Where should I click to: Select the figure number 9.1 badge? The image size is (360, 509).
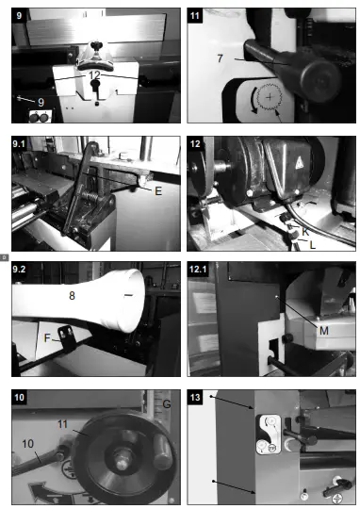pos(22,144)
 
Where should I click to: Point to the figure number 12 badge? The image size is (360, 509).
pos(197,144)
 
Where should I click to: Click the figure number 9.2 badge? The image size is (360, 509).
pos(22,271)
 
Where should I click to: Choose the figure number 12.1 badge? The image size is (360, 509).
pos(200,271)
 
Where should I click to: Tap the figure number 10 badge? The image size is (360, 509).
pos(21,399)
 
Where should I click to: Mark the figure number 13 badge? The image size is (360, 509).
pos(197,399)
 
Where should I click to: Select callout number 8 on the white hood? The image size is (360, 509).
pos(70,295)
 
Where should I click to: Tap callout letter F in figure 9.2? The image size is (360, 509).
pos(46,334)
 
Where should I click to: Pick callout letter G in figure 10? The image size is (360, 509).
pos(166,404)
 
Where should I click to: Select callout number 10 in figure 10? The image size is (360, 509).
pos(27,442)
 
